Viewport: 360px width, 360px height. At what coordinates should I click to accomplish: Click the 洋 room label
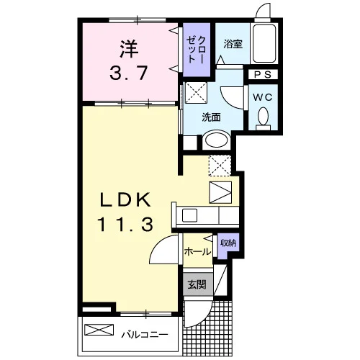(129, 49)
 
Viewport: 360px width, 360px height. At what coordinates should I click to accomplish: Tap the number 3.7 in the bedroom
(128, 73)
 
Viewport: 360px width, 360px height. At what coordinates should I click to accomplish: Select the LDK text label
(125, 199)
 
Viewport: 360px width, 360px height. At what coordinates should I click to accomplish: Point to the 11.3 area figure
(125, 224)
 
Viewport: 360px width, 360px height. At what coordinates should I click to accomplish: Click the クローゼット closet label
(197, 50)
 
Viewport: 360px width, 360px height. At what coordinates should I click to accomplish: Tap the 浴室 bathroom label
(233, 44)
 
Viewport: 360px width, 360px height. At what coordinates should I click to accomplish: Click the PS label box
(263, 74)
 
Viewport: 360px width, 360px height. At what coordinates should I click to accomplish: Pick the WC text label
(263, 97)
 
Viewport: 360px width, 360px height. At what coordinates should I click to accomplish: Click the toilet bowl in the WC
(263, 118)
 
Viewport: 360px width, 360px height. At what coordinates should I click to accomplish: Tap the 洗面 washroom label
(211, 117)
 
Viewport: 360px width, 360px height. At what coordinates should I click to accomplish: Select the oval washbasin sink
(217, 140)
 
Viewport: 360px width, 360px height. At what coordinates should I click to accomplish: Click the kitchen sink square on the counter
(189, 215)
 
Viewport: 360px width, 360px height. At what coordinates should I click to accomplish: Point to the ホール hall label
(197, 252)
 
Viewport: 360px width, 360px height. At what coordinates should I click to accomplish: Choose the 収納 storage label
(228, 243)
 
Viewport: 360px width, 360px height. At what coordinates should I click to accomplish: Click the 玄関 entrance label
(197, 284)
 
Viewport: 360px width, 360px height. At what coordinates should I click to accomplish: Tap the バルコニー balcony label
(145, 334)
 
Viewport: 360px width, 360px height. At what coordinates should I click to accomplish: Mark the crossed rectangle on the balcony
(99, 330)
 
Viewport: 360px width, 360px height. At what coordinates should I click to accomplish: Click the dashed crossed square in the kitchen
(220, 166)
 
